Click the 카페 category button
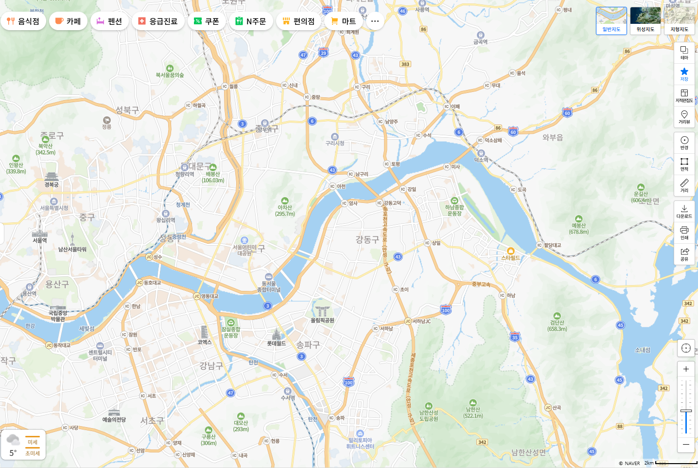tap(68, 21)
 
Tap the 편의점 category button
tap(298, 21)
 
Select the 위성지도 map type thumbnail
tap(645, 20)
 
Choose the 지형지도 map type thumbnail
tap(679, 20)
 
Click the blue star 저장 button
tap(684, 74)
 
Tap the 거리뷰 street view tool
tap(684, 117)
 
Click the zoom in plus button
tap(686, 369)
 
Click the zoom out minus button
tap(686, 444)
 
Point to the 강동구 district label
tap(367, 239)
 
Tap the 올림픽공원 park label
tap(322, 320)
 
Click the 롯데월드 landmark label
tap(276, 343)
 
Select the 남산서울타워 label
tap(72, 249)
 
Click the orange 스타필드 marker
tap(510, 251)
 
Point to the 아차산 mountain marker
tap(285, 201)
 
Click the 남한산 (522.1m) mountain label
tap(473, 413)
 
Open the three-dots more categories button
tap(375, 21)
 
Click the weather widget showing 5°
tap(23, 444)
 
